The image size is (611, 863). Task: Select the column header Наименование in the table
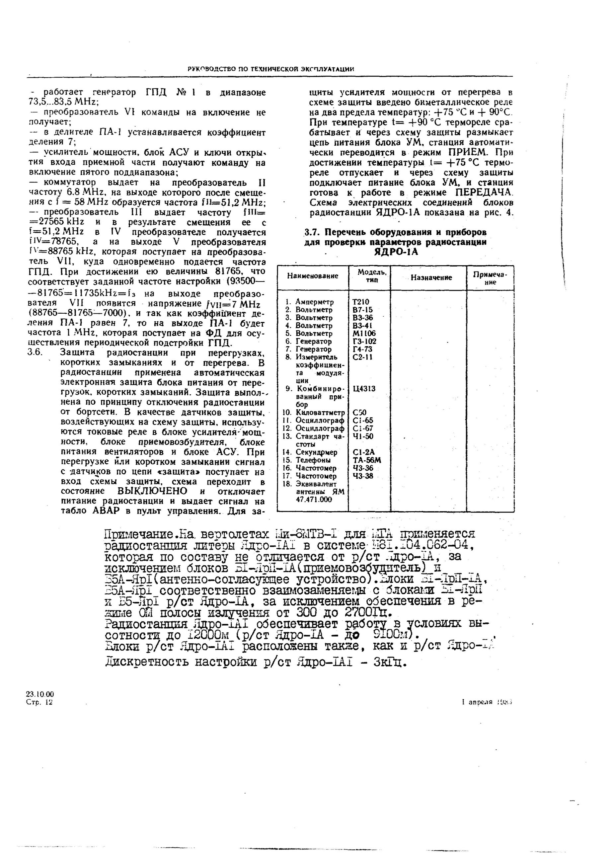312,276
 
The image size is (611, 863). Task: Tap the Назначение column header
431,277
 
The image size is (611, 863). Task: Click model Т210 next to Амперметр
360,302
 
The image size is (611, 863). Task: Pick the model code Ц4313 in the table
364,389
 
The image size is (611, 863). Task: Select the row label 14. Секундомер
310,452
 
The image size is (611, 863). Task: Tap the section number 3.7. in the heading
312,232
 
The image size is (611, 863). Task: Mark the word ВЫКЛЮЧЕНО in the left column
152,491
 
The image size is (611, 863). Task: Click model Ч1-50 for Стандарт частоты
363,436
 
